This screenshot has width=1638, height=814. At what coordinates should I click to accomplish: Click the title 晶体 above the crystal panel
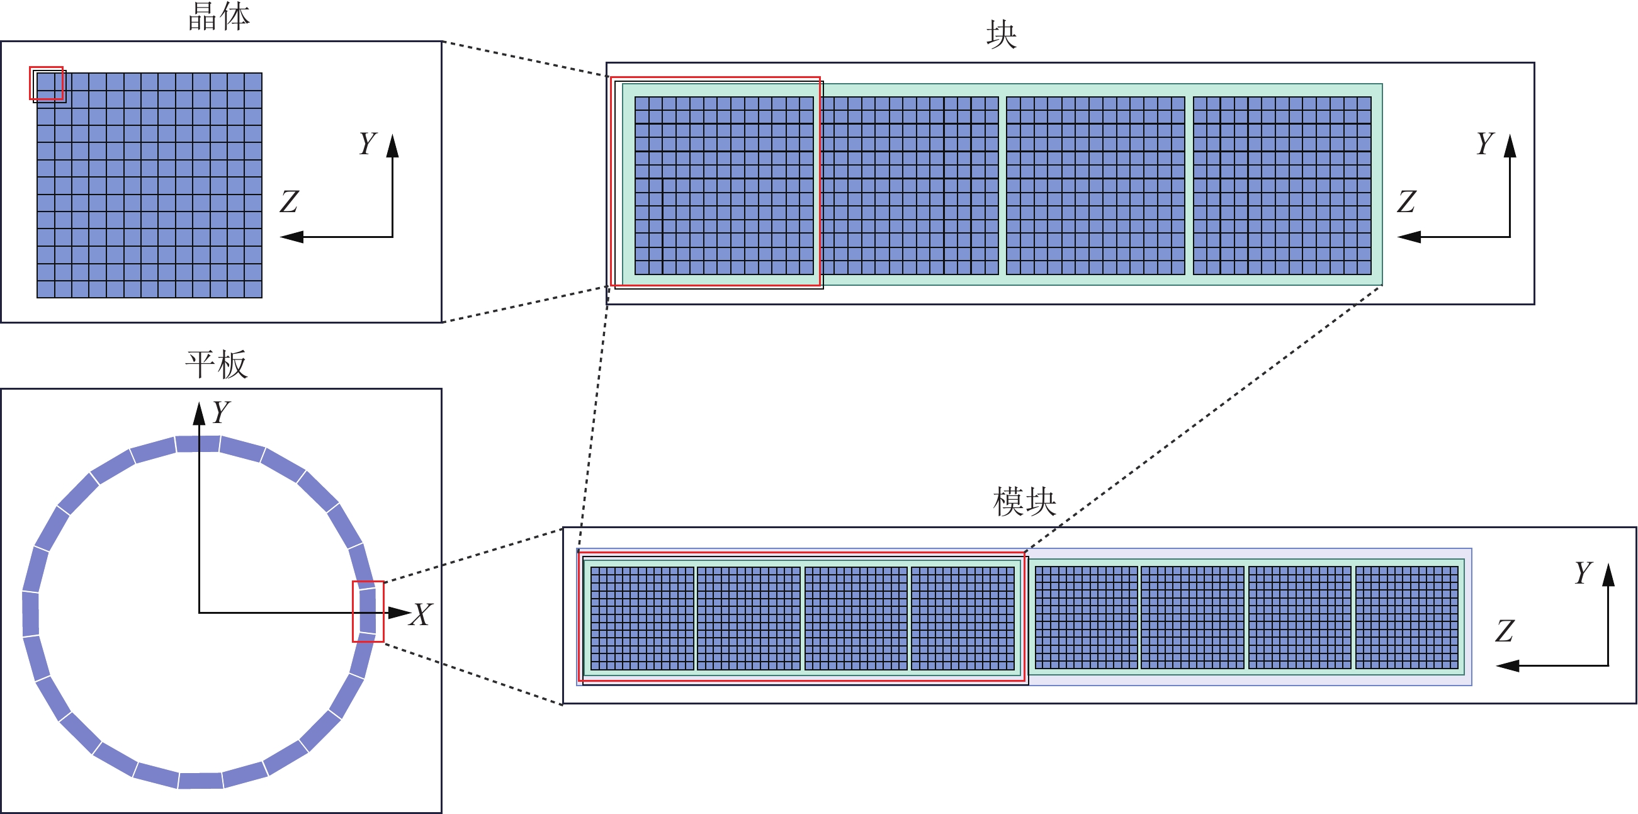(x=218, y=17)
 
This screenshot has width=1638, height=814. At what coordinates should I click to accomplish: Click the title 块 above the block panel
(x=1001, y=35)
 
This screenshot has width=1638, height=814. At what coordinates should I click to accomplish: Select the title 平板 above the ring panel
(x=216, y=365)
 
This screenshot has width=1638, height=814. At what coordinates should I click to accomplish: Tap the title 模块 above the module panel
(x=1024, y=502)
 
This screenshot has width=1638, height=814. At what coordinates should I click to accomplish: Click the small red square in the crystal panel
(x=47, y=83)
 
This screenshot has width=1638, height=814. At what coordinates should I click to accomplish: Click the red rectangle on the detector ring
(x=368, y=611)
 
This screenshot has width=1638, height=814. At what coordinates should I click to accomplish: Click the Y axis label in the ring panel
(x=221, y=412)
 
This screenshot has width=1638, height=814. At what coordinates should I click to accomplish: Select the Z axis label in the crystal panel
(x=289, y=201)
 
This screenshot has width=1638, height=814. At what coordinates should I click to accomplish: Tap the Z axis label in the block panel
(x=1406, y=201)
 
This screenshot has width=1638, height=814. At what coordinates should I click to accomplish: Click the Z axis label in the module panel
(x=1504, y=631)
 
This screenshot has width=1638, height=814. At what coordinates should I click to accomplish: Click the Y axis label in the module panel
(x=1583, y=572)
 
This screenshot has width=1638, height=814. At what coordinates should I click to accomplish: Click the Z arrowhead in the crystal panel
(x=292, y=237)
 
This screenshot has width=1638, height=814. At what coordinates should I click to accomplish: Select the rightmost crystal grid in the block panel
(x=1282, y=186)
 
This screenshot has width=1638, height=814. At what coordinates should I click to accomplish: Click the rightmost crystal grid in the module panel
(x=1406, y=618)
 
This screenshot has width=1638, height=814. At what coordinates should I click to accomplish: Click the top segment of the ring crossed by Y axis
(x=198, y=443)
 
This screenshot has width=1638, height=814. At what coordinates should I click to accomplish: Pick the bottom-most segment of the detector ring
(x=200, y=780)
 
